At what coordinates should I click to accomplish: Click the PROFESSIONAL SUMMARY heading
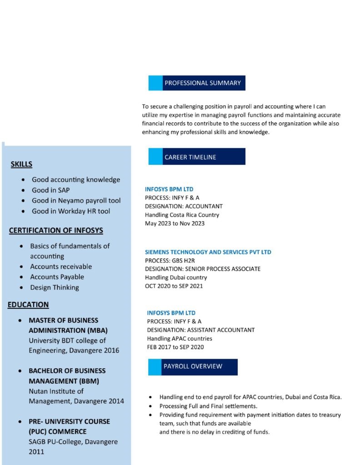click(x=202, y=83)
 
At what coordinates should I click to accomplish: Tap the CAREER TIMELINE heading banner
click(x=190, y=157)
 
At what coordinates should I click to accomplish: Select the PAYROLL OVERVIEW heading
click(x=193, y=366)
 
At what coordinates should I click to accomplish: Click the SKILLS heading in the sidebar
click(x=21, y=164)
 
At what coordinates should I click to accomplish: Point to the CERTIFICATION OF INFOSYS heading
click(x=56, y=231)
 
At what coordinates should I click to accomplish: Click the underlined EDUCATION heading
click(x=28, y=305)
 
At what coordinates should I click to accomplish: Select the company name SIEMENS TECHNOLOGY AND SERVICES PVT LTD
click(x=208, y=252)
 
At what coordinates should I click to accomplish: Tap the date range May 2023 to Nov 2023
click(x=175, y=223)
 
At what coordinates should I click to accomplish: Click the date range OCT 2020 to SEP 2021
click(x=174, y=286)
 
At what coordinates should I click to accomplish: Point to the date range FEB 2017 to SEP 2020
click(x=175, y=347)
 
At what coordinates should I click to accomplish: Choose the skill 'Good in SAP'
click(x=51, y=190)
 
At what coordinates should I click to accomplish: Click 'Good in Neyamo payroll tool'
click(x=76, y=201)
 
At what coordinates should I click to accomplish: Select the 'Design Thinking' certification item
click(x=55, y=287)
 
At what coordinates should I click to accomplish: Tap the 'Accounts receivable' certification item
click(x=61, y=267)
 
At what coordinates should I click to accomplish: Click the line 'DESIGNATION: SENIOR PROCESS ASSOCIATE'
click(x=203, y=269)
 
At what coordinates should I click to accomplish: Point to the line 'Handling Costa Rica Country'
click(x=182, y=215)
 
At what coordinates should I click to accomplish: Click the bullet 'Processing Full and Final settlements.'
click(x=208, y=406)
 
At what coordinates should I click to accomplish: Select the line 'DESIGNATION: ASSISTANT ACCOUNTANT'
click(x=200, y=330)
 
